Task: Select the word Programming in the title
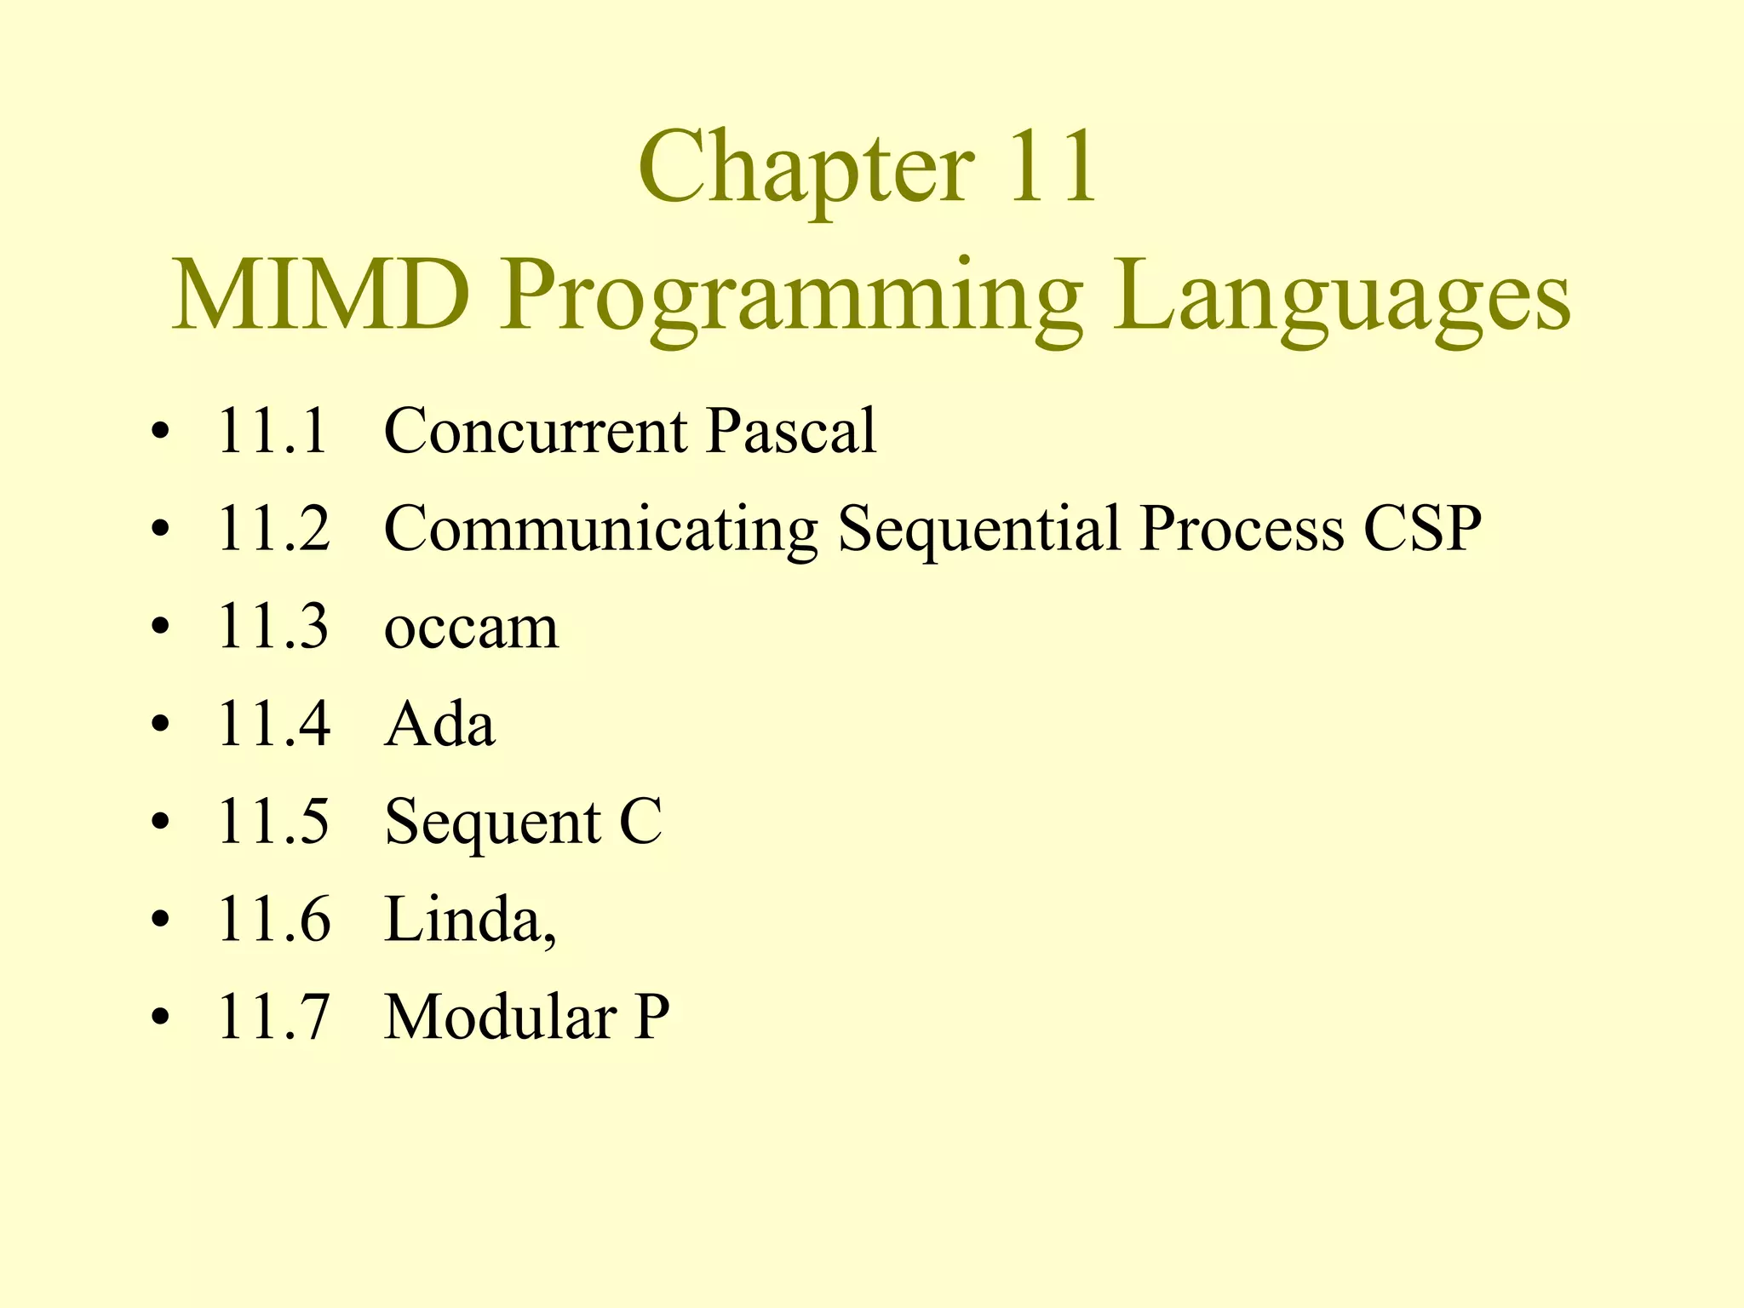(790, 298)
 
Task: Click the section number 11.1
(272, 431)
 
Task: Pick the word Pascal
(791, 431)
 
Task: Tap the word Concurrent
(536, 431)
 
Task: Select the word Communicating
(600, 530)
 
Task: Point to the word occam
(471, 628)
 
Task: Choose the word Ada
(439, 725)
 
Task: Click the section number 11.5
(272, 822)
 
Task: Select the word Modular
(501, 1017)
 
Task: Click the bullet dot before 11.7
(159, 1018)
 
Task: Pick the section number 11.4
(272, 725)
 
